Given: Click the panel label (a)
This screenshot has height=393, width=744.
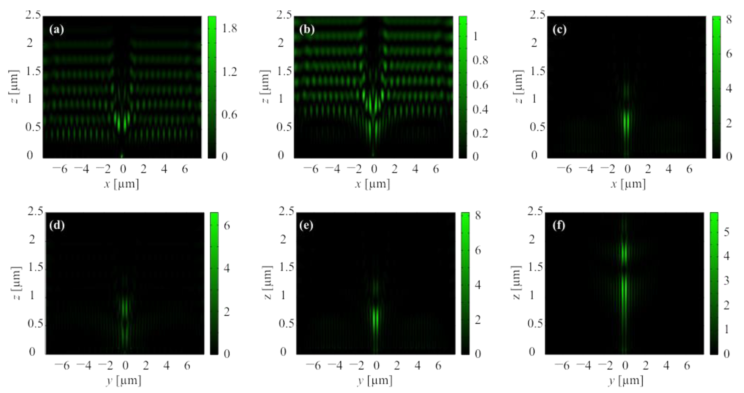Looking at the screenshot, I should [57, 30].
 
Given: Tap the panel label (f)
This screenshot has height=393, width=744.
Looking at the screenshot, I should [559, 225].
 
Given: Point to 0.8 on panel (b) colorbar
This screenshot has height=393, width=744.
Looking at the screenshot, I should [480, 60].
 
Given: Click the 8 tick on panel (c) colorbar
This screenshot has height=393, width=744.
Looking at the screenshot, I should [729, 20].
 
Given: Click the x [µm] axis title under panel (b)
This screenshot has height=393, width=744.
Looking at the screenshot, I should [372, 184].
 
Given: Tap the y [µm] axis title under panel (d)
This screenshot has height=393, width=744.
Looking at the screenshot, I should [123, 381].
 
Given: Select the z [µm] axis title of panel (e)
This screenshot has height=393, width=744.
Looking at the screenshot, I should [267, 283].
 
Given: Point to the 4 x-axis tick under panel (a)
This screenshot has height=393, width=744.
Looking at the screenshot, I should [164, 169].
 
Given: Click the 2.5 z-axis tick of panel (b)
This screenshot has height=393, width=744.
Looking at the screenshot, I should [284, 15].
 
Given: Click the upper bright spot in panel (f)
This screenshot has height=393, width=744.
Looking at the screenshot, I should [624, 253].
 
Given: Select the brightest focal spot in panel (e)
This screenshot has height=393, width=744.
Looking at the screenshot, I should [375, 318].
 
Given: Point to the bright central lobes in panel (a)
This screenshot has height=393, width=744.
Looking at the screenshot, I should [121, 121].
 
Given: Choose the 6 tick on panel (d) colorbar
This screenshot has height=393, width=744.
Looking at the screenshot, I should [227, 226].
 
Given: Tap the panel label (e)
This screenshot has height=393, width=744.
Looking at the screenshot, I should [306, 225].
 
